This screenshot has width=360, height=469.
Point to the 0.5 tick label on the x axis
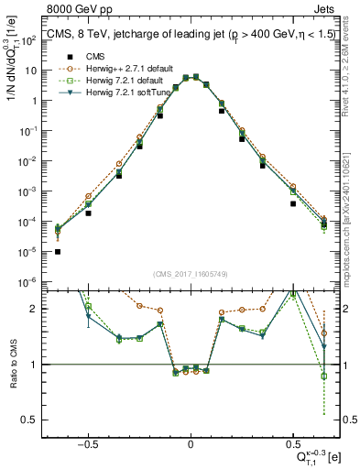[292, 442]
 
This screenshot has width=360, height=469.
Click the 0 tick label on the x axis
[190, 442]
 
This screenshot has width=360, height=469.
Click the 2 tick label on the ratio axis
[36, 310]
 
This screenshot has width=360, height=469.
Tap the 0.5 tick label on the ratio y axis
[32, 420]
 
